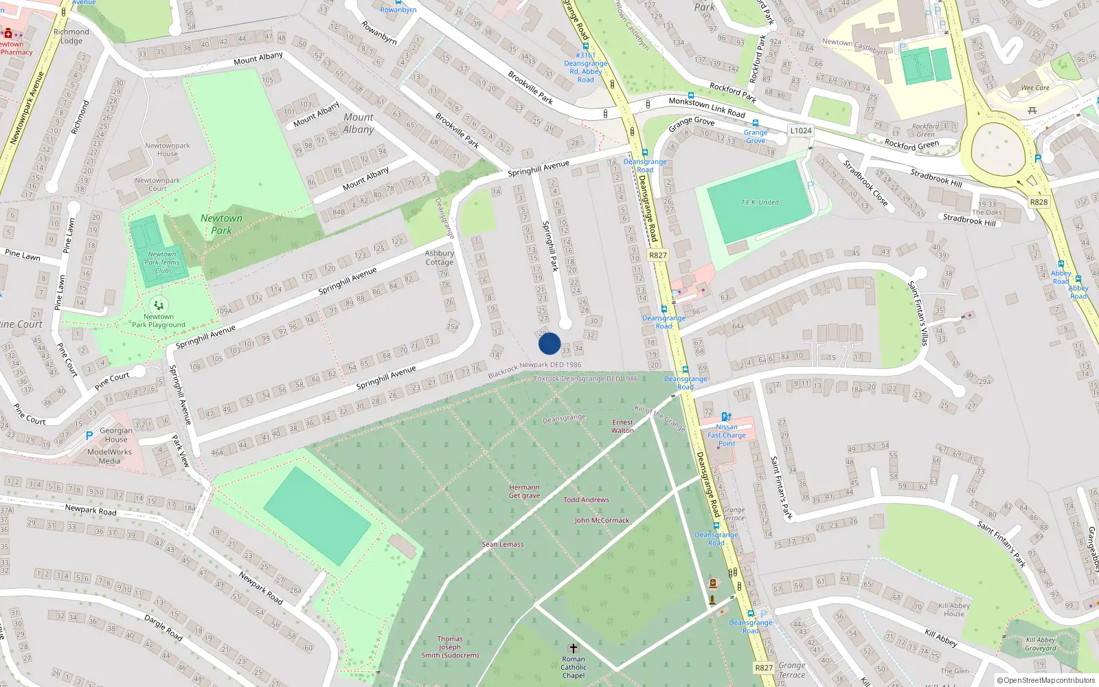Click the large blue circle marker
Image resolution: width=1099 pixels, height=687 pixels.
point(549,343)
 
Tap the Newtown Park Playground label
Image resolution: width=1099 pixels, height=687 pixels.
point(159,321)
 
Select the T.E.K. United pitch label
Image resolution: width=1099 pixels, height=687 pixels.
point(760,203)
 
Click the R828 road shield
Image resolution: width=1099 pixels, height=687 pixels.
point(1039,202)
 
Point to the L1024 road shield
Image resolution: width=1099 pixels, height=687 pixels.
point(801,131)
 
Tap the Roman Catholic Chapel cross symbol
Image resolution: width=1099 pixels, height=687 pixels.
point(574,649)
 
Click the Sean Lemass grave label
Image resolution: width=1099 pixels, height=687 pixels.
point(502,544)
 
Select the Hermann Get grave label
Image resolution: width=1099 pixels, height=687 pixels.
point(524,491)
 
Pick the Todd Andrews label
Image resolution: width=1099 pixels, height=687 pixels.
point(586,500)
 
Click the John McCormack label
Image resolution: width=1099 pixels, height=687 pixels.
point(602,521)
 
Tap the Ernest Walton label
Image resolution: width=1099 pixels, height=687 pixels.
point(622,427)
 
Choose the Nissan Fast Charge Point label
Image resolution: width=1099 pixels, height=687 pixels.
point(727,435)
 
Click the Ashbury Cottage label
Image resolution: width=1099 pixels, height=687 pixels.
point(439,258)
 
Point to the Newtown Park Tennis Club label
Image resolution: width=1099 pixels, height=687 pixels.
point(162,262)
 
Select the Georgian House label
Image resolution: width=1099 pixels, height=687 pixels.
point(116,435)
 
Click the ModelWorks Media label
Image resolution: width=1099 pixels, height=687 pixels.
point(109,456)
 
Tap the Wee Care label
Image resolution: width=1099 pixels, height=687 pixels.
point(1035,88)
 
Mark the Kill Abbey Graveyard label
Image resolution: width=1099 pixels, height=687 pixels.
point(1041,644)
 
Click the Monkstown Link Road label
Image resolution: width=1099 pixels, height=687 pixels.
point(707,107)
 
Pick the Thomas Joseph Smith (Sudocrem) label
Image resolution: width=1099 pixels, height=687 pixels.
point(450,647)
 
